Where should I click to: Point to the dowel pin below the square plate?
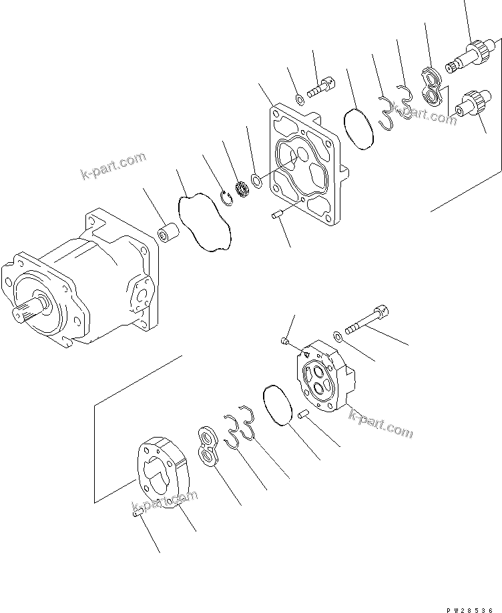(x=278, y=215)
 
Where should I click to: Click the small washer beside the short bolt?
(x=300, y=100)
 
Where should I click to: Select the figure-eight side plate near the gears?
(x=433, y=86)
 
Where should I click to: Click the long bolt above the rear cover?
(x=366, y=319)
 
